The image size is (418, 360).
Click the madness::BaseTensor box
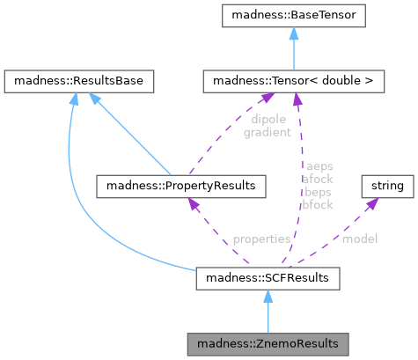(294, 16)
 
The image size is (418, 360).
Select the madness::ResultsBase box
(79, 81)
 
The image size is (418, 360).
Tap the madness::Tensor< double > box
(294, 81)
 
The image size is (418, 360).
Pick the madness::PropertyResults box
(181, 187)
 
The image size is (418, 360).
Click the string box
(387, 187)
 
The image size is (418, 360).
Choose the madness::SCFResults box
(268, 278)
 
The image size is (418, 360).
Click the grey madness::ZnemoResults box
(268, 344)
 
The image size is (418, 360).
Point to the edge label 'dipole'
(268, 120)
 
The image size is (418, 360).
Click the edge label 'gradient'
(268, 133)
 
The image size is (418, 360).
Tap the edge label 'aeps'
(319, 166)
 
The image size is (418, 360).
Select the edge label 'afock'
(318, 179)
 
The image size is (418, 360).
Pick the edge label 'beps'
(318, 192)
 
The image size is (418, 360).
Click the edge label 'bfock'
(318, 205)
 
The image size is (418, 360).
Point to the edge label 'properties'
(261, 239)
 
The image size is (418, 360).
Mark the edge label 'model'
(360, 239)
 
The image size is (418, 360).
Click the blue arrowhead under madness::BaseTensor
(294, 33)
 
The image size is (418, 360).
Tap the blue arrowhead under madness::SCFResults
(268, 297)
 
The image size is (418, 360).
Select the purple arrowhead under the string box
(372, 203)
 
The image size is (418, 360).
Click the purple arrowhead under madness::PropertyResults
(194, 203)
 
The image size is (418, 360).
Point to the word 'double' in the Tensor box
(341, 81)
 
